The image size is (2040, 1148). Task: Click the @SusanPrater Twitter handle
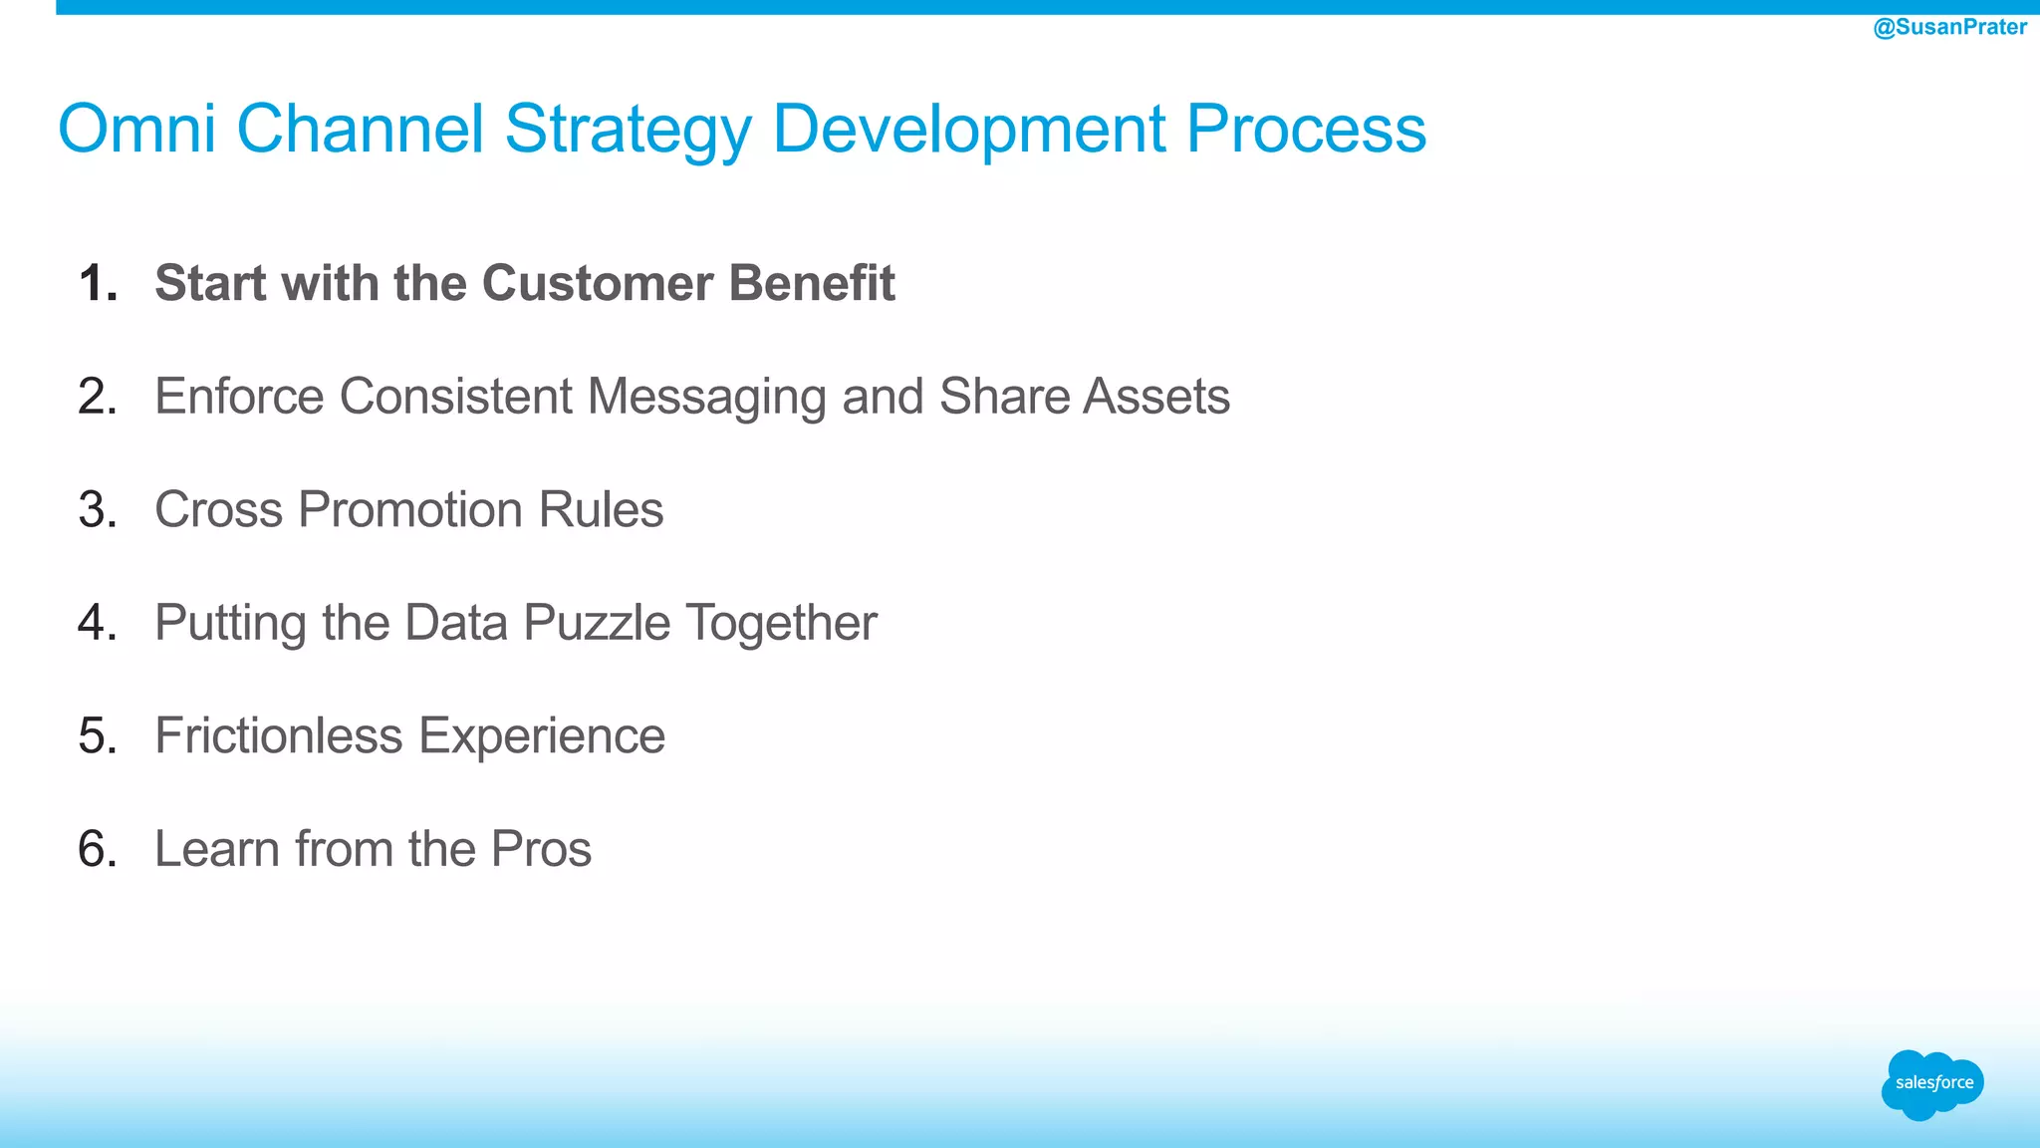click(x=1949, y=27)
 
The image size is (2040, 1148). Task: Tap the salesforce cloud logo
click(x=1932, y=1084)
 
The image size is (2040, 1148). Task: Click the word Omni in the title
click(x=136, y=129)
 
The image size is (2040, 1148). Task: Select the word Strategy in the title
click(x=628, y=131)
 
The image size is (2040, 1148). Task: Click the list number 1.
click(x=97, y=283)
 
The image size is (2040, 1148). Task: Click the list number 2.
click(x=97, y=397)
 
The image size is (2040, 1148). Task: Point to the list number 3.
click(x=97, y=510)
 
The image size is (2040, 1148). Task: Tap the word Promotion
click(x=410, y=510)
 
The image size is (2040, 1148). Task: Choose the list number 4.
click(x=97, y=623)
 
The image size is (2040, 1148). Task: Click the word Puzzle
click(x=597, y=624)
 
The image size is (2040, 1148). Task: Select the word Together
click(x=782, y=624)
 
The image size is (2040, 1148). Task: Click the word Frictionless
click(x=278, y=736)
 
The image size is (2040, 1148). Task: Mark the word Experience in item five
click(x=541, y=737)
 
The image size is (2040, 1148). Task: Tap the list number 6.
click(x=97, y=849)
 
